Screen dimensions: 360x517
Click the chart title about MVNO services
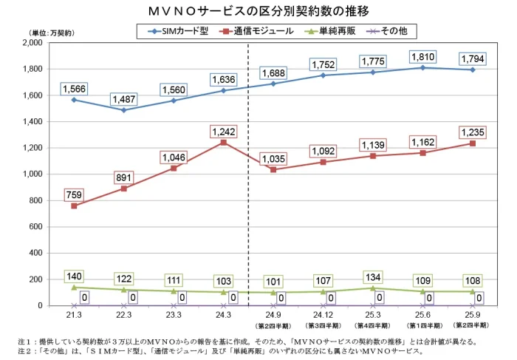pyautogui.click(x=258, y=12)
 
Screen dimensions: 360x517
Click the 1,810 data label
pyautogui.click(x=422, y=56)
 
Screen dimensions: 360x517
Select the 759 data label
pyautogui.click(x=74, y=195)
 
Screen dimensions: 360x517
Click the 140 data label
pyautogui.click(x=74, y=276)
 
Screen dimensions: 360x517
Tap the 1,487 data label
pyautogui.click(x=123, y=99)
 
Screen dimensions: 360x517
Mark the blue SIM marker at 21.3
pyautogui.click(x=74, y=100)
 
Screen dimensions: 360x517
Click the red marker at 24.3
pyautogui.click(x=224, y=142)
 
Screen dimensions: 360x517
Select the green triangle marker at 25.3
pyautogui.click(x=373, y=288)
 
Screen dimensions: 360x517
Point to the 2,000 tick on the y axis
pyautogui.click(x=32, y=43)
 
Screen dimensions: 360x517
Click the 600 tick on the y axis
pyautogui.click(x=35, y=227)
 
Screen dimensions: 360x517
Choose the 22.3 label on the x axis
pyautogui.click(x=123, y=315)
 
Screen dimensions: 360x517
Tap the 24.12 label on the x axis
pyautogui.click(x=323, y=315)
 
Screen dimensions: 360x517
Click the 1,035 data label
pyautogui.click(x=273, y=158)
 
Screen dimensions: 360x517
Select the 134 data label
pyautogui.click(x=373, y=276)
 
